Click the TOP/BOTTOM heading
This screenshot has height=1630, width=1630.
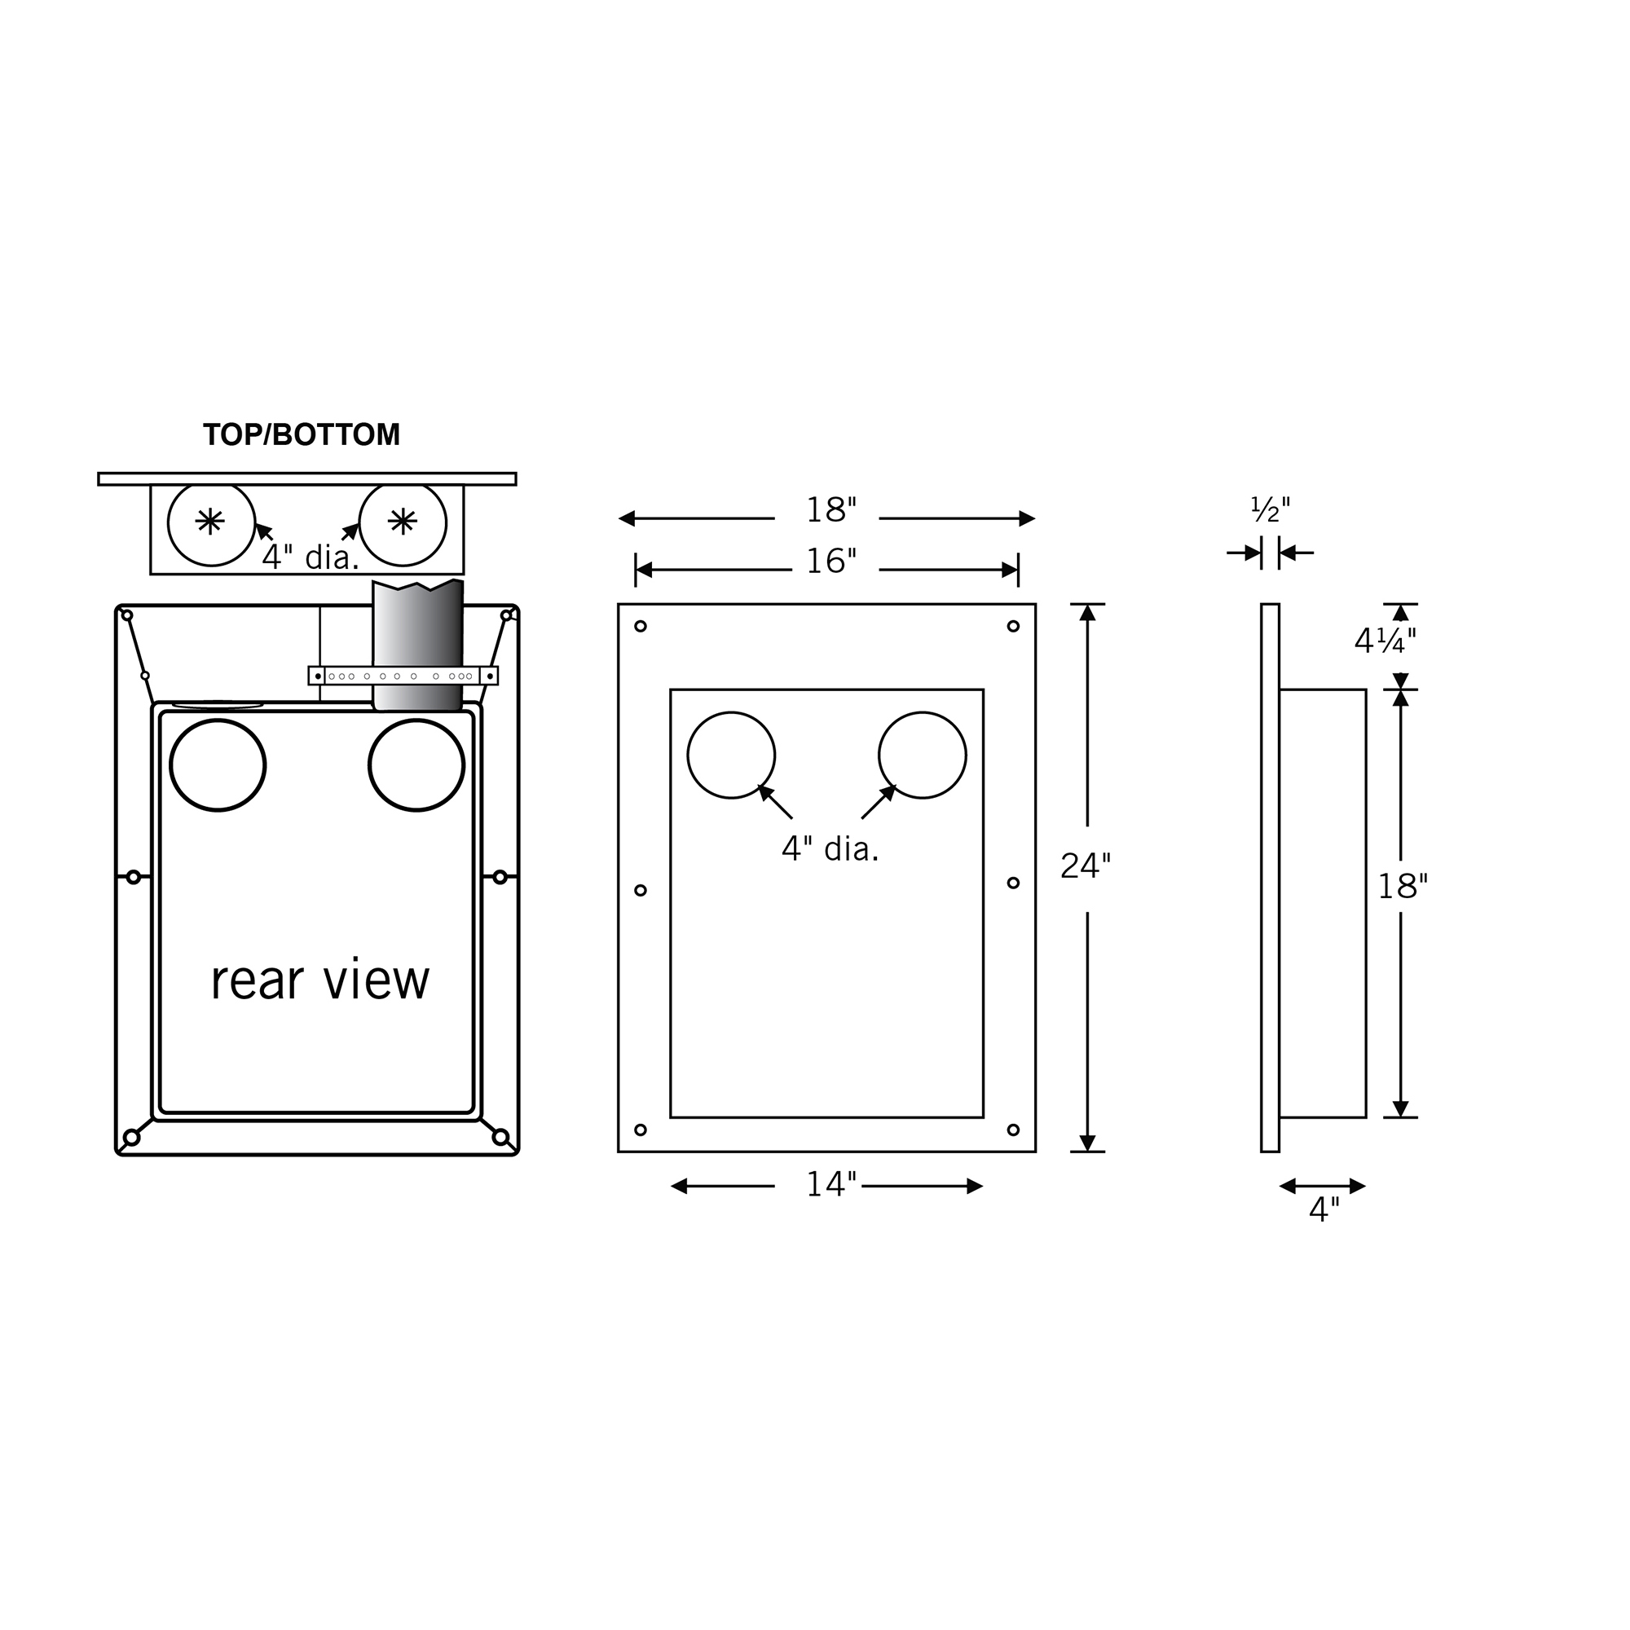(x=302, y=435)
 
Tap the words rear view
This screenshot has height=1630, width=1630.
(x=319, y=980)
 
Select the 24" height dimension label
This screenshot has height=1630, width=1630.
(x=1086, y=866)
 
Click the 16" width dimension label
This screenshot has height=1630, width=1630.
(x=831, y=562)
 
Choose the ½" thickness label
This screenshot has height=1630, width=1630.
(x=1270, y=509)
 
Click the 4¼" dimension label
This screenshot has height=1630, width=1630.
(x=1385, y=642)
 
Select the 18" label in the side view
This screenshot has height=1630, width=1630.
(x=1402, y=887)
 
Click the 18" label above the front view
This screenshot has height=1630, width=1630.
(x=831, y=510)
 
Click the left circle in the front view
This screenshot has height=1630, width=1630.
(x=730, y=756)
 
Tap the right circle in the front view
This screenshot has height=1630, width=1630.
(x=922, y=756)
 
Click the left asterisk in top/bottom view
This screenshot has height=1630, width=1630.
(x=210, y=522)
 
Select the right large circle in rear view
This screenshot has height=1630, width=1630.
(x=416, y=765)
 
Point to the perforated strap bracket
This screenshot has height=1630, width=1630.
(x=403, y=676)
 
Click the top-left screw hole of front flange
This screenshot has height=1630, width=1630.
(x=641, y=626)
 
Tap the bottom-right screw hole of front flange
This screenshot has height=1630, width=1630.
(x=1013, y=1130)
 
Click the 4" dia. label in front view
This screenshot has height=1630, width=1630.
(x=830, y=849)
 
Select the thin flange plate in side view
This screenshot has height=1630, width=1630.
(x=1270, y=878)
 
